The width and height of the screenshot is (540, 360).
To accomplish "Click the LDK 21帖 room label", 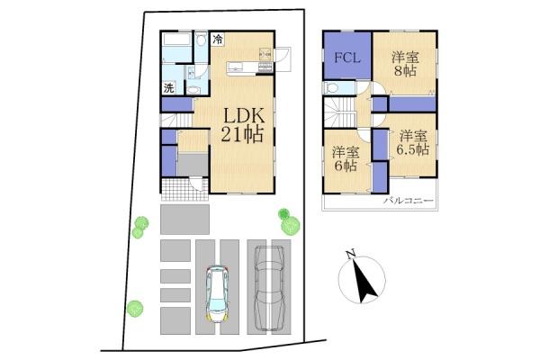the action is pyautogui.click(x=242, y=125).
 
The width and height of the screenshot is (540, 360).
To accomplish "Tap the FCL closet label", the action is pyautogui.click(x=347, y=58).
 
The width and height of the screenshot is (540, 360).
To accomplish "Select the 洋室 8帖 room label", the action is pyautogui.click(x=405, y=64).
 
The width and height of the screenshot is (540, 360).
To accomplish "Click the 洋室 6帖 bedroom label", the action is pyautogui.click(x=346, y=158).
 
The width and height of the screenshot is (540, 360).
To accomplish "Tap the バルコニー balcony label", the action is pyautogui.click(x=409, y=200).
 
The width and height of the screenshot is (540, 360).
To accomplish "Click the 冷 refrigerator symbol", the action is pyautogui.click(x=217, y=38).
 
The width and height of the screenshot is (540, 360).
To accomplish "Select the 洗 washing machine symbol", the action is pyautogui.click(x=169, y=87).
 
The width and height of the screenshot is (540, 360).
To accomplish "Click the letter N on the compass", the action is pyautogui.click(x=351, y=255).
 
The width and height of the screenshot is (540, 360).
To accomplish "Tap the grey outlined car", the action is pyautogui.click(x=269, y=288).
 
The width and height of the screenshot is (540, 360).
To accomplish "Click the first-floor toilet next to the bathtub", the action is pyautogui.click(x=201, y=40).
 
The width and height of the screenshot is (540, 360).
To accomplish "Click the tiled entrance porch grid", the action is pyautogui.click(x=184, y=189).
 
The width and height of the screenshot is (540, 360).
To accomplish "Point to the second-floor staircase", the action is pyautogui.click(x=339, y=112).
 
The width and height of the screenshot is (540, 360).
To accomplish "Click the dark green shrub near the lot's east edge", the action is pyautogui.click(x=283, y=214).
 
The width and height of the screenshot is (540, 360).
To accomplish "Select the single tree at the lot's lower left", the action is pyautogui.click(x=135, y=309).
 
